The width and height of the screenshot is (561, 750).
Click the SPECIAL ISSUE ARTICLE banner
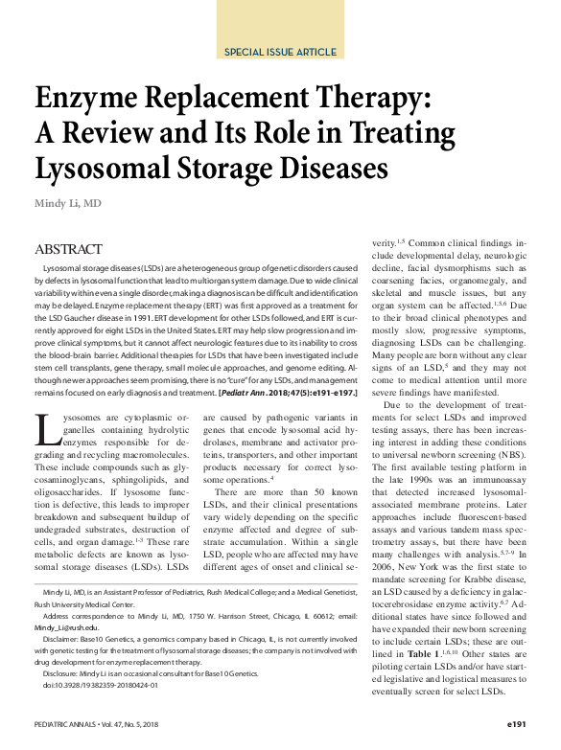coord(280,52)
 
